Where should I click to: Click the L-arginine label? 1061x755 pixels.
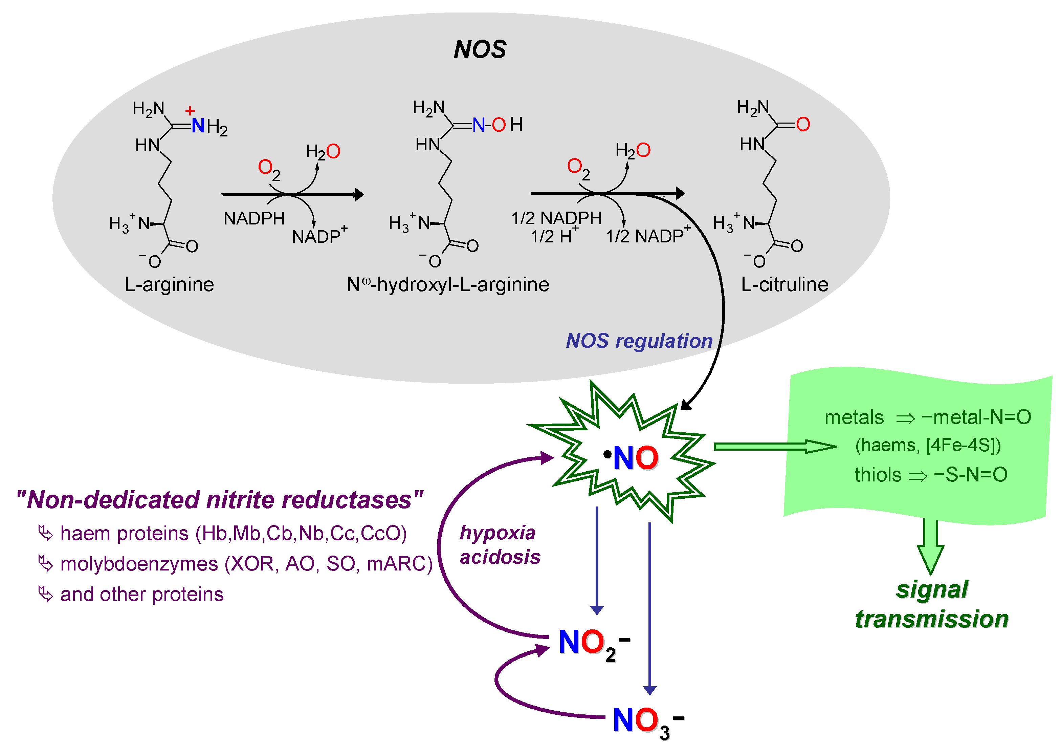[x=169, y=284]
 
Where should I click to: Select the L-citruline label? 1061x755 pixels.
[x=784, y=284]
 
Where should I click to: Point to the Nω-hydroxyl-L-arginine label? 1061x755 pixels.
[x=447, y=284]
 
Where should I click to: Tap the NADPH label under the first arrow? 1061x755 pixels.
[x=254, y=218]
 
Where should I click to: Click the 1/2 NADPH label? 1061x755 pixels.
[x=556, y=218]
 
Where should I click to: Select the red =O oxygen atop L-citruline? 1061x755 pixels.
[x=803, y=124]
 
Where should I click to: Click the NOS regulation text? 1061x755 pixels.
[x=639, y=341]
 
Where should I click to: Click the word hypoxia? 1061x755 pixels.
[x=497, y=533]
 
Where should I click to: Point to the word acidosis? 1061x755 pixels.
[x=500, y=557]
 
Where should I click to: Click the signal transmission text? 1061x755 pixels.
[x=932, y=604]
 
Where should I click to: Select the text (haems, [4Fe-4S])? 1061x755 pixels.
[x=928, y=445]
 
